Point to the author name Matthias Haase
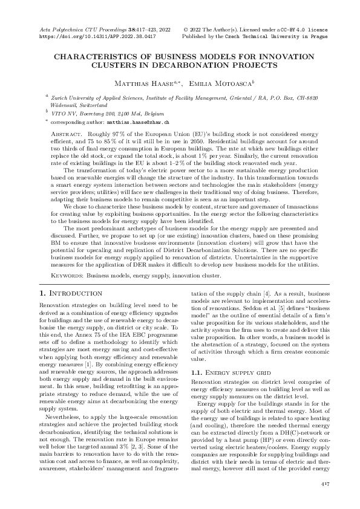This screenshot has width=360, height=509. (x=143, y=82)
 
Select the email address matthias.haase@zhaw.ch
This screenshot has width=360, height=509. (x=132, y=122)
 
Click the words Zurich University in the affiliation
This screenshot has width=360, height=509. (x=74, y=97)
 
